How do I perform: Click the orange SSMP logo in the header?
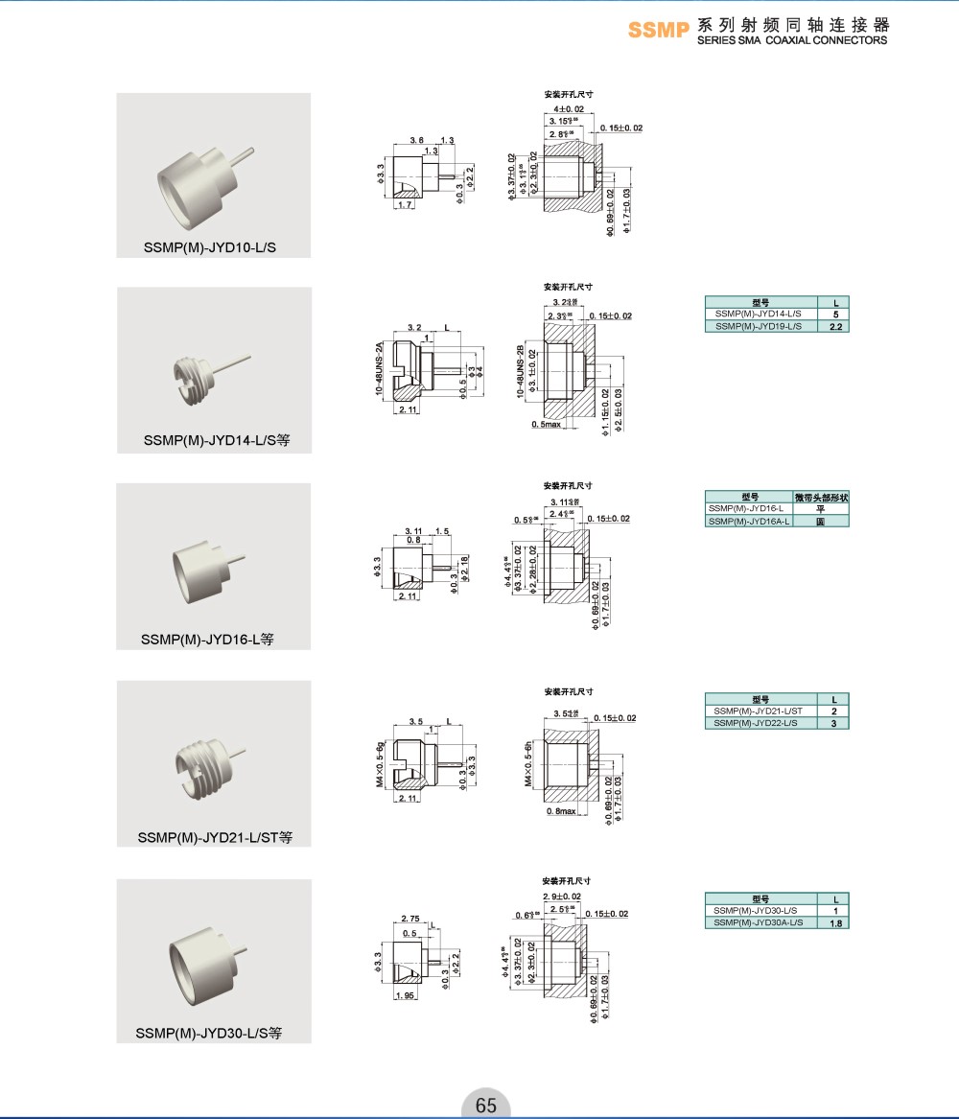[x=659, y=30]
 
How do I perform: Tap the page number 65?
[x=486, y=1105]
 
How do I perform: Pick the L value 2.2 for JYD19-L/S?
[x=834, y=327]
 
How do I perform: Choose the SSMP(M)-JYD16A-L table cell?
[x=748, y=521]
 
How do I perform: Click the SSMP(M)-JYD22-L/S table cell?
[x=757, y=722]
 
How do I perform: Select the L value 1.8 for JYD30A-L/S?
[x=835, y=922]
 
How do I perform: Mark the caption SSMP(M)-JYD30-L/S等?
[x=209, y=1034]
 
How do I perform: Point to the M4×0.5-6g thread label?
[x=381, y=765]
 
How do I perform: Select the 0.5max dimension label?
[x=547, y=424]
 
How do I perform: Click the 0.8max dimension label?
[x=560, y=811]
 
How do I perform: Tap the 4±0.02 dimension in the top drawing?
[x=568, y=109]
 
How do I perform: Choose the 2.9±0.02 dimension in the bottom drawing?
[x=562, y=896]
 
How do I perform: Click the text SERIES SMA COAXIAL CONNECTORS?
[x=792, y=40]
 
